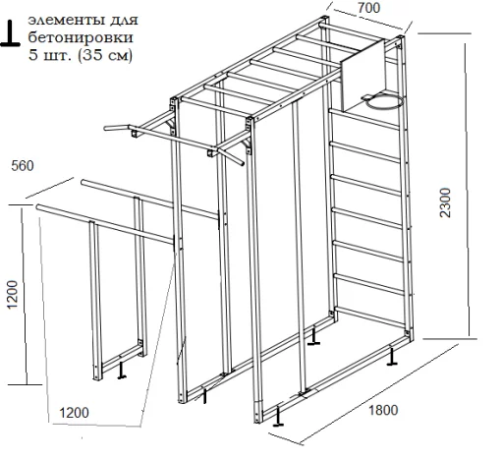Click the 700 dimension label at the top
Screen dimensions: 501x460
click(x=368, y=8)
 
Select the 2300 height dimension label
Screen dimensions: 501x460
click(x=445, y=202)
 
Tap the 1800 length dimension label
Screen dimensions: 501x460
click(x=383, y=410)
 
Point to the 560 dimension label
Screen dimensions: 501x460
click(x=23, y=166)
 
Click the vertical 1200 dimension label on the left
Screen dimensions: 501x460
click(x=12, y=294)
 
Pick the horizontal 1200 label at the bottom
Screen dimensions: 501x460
click(x=74, y=413)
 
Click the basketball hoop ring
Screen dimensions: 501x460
click(x=385, y=101)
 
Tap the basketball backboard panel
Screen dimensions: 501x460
click(x=362, y=76)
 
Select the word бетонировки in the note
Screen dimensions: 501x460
click(x=81, y=37)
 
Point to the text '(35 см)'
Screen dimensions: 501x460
click(x=105, y=55)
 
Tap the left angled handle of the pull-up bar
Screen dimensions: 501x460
click(x=117, y=128)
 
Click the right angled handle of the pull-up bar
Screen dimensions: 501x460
click(x=232, y=157)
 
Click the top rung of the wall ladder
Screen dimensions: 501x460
click(x=363, y=119)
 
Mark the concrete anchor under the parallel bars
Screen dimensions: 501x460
click(x=122, y=371)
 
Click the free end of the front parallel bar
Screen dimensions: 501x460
click(x=38, y=207)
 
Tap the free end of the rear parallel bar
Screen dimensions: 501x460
click(x=83, y=182)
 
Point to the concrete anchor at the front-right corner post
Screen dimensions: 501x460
click(x=278, y=417)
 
